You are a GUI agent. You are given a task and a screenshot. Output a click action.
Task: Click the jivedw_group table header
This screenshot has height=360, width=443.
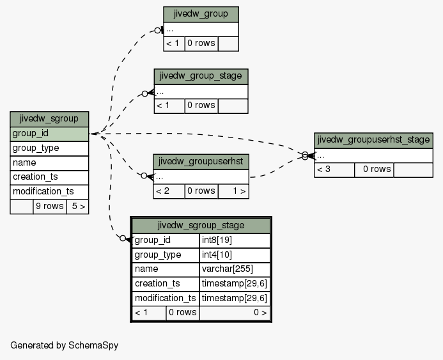tap(201, 15)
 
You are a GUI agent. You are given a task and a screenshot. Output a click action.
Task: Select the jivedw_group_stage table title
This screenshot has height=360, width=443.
tap(201, 76)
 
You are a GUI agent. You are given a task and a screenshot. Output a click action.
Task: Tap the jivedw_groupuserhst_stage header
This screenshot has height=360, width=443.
tap(373, 141)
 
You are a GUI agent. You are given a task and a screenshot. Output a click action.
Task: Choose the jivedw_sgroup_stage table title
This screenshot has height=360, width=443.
tap(201, 226)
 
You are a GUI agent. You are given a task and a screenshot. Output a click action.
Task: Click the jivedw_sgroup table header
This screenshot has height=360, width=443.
tap(49, 119)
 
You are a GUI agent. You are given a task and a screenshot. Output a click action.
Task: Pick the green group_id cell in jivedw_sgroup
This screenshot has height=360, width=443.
tap(49, 134)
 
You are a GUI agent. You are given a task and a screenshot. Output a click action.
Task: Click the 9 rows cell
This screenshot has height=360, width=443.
tap(50, 207)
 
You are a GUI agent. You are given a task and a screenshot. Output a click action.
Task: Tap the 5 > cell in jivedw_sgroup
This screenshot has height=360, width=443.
tap(78, 207)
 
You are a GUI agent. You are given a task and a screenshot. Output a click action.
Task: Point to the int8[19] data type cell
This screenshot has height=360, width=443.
tap(235, 240)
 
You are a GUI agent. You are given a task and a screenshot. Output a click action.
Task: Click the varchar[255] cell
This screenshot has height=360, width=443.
tap(235, 269)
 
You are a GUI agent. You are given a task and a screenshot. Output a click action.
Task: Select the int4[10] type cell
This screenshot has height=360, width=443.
tap(235, 255)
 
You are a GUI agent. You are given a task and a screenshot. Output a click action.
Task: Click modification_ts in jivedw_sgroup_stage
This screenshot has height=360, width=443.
tap(166, 299)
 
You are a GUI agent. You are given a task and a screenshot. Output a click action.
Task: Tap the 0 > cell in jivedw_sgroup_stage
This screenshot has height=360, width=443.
tap(235, 313)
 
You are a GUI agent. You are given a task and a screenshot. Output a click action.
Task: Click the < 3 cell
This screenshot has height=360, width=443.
tap(334, 170)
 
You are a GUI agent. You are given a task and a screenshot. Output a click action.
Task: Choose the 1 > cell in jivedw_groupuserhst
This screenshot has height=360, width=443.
tap(233, 191)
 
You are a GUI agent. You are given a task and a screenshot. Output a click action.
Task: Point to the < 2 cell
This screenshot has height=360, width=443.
tap(169, 191)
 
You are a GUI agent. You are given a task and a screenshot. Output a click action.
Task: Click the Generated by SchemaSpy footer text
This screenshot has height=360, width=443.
tap(65, 345)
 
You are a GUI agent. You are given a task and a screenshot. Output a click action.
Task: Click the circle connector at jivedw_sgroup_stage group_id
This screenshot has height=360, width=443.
tap(123, 239)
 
